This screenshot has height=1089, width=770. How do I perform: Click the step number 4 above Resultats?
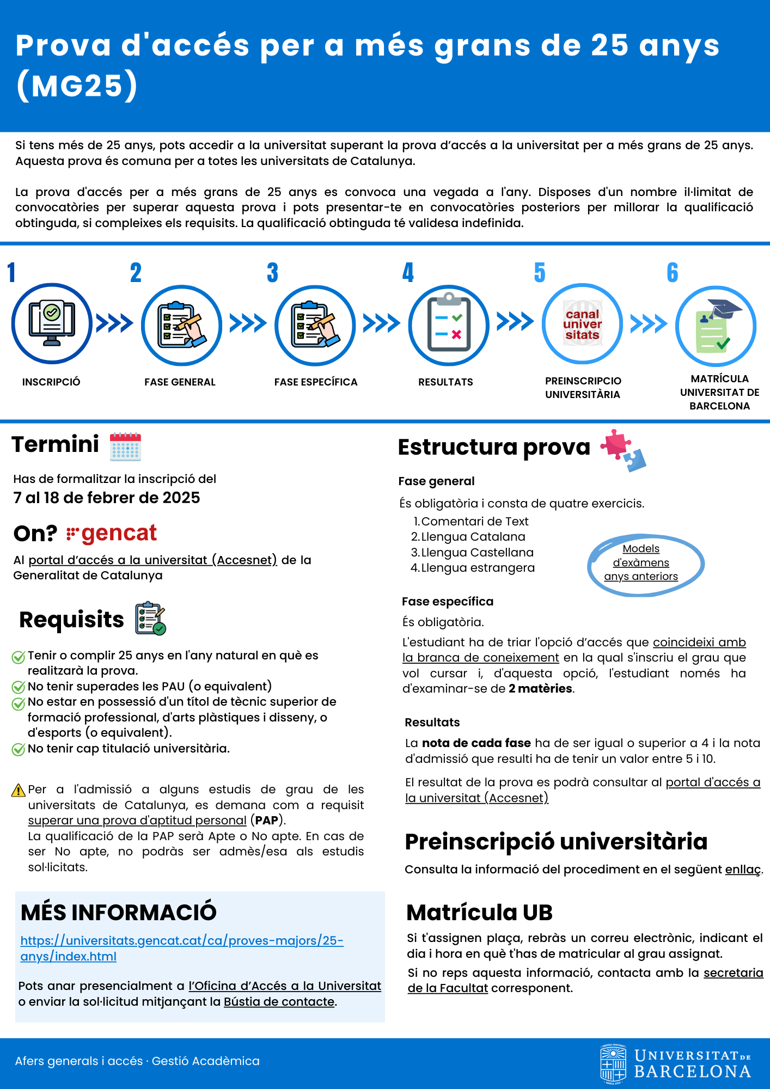point(408,272)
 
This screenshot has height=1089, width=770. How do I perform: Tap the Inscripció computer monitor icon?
point(52,323)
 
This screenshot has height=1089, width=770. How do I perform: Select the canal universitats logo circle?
point(582,325)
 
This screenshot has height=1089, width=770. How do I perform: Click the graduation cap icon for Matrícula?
point(716,326)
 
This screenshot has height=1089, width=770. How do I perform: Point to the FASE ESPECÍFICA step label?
point(316,382)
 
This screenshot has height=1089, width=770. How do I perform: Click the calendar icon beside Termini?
point(125,447)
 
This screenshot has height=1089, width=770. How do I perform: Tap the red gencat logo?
point(112,533)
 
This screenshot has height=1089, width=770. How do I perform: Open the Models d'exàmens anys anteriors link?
point(641,562)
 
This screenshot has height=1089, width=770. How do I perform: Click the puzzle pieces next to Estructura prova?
point(624,450)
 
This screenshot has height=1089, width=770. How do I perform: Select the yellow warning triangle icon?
point(19,790)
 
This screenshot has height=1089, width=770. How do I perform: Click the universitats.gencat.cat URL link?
point(182,948)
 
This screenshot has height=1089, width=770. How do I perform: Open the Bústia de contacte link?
point(279,1001)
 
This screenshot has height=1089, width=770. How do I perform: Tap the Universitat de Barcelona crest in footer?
point(613,1063)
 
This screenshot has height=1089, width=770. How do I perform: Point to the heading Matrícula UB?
point(479,913)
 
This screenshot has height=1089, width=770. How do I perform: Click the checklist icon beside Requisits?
point(150,619)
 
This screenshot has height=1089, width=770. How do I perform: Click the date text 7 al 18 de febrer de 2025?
point(107,498)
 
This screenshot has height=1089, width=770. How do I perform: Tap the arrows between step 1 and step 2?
point(114,323)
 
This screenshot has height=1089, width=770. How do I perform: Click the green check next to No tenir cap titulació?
point(19,750)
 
